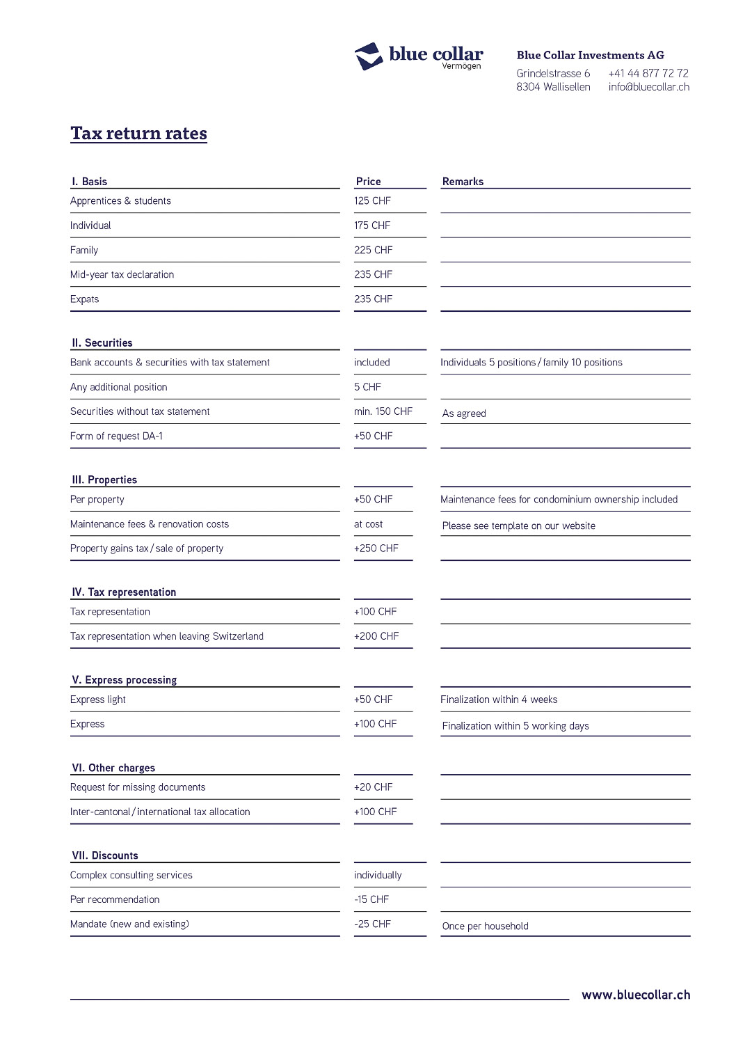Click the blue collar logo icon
(369, 56)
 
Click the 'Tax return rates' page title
(138, 134)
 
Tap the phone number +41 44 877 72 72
(648, 73)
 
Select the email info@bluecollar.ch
(648, 87)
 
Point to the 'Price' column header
(368, 182)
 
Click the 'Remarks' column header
(463, 182)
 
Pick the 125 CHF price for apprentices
(372, 201)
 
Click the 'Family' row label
(84, 251)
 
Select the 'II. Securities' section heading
(102, 343)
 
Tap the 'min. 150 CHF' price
(383, 411)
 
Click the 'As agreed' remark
(464, 413)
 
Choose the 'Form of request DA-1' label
(116, 436)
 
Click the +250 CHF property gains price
(376, 548)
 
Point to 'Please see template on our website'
(518, 526)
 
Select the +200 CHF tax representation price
(376, 636)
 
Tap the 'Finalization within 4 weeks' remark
(498, 700)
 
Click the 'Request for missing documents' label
(138, 787)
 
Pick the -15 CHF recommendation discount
(371, 899)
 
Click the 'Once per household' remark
(485, 926)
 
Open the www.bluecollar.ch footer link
(635, 995)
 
